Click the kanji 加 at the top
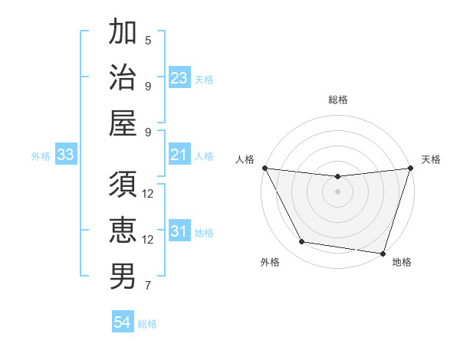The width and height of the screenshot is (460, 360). [x=123, y=33]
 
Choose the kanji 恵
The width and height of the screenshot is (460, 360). [x=123, y=229]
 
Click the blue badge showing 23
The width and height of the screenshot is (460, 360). [x=179, y=78]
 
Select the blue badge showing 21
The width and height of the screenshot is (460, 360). [x=179, y=155]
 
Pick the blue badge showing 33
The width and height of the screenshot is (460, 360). [x=66, y=155]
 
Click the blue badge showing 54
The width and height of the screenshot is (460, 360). [x=123, y=323]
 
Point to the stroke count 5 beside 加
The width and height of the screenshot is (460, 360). [x=148, y=41]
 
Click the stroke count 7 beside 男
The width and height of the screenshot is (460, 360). [x=148, y=286]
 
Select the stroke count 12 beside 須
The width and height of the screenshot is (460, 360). [x=148, y=193]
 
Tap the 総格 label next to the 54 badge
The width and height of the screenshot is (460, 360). [x=148, y=324]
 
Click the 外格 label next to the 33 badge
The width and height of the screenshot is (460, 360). [x=41, y=156]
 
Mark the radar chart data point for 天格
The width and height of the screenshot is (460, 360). [x=410, y=169]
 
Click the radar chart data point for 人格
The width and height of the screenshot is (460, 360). [x=264, y=168]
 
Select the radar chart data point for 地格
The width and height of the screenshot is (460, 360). [x=383, y=253]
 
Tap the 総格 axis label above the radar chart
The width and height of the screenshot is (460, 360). [x=338, y=100]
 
